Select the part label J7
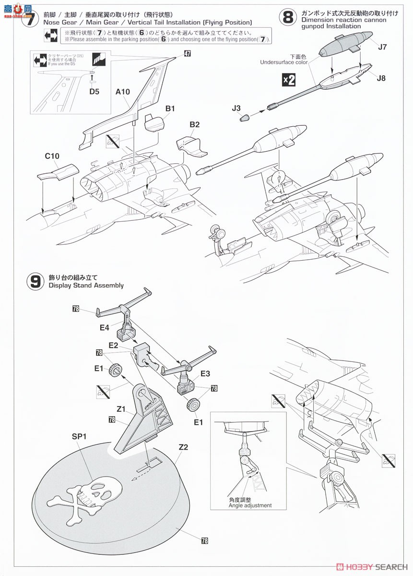(382, 47)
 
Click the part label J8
(381, 78)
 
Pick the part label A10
(122, 95)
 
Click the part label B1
(169, 109)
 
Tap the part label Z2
(183, 447)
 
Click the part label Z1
(120, 409)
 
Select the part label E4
(105, 328)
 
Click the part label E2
(113, 345)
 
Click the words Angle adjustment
(250, 505)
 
